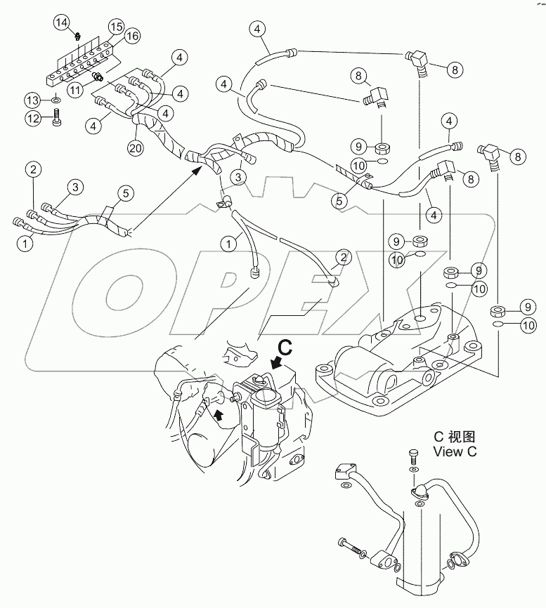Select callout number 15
point(115,27)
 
